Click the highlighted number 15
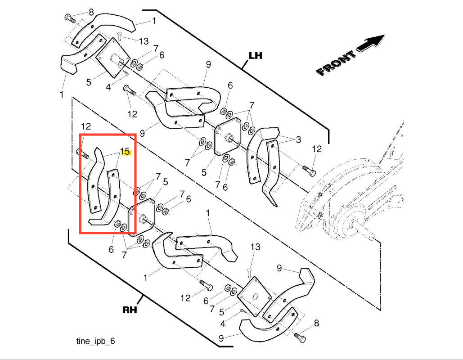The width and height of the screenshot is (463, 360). point(125,152)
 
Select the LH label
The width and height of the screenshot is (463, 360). point(256,56)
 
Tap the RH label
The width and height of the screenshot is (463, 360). point(130,310)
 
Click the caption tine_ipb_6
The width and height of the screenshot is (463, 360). point(95,341)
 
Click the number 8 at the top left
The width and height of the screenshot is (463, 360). point(91,12)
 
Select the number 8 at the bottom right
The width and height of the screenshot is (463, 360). point(316,323)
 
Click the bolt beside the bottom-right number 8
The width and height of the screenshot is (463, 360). point(300,336)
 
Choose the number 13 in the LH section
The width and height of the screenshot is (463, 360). point(143,41)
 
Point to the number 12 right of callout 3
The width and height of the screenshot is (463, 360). point(317,148)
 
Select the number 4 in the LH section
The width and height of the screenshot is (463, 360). point(108,87)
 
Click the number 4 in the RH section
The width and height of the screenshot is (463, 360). point(223,324)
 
